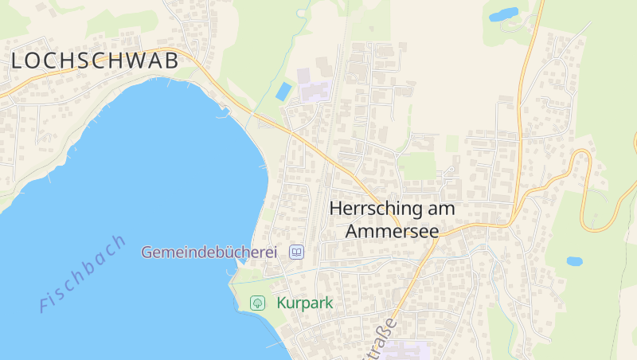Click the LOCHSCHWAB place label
coord(94,61)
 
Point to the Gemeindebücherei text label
coord(209,252)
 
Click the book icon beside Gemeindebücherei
coord(296,252)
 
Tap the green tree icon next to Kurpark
coord(257,303)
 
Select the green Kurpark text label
coord(304,303)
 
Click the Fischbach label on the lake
coord(82,272)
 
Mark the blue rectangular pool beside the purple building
coord(283,91)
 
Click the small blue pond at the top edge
coord(503,14)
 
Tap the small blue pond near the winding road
coord(574,260)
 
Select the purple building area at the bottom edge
coord(406,351)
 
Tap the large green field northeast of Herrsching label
coord(417,166)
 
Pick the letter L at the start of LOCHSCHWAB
coord(18,61)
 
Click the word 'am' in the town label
coord(443,209)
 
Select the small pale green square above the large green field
coord(452,143)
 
